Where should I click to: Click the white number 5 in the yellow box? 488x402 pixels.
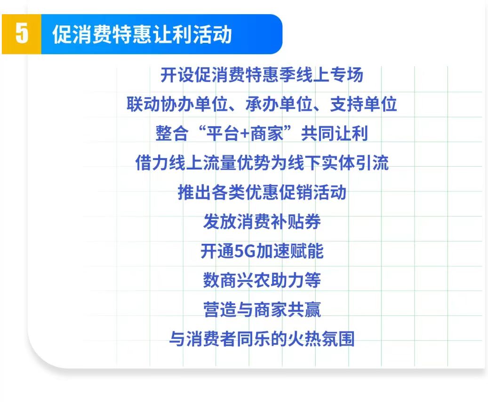pos(22,33)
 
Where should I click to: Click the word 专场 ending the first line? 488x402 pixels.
pos(346,75)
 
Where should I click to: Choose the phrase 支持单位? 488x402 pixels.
pos(363,104)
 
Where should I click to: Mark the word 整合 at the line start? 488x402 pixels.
pos(172,134)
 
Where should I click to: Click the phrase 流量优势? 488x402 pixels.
pos(237,163)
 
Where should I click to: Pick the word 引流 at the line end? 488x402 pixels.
pos(372,163)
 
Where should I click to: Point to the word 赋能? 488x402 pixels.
pos(307,251)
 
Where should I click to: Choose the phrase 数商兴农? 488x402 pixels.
pos(237,280)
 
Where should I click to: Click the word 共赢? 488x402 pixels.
pos(304,310)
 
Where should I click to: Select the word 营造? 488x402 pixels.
pos(220,310)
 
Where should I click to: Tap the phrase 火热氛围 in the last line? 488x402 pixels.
pos(321,339)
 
